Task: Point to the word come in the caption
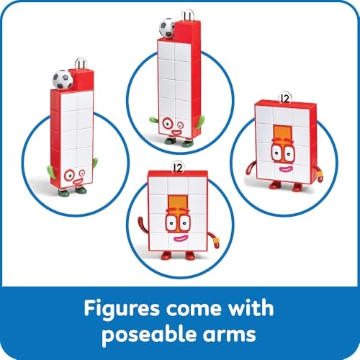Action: point(192,309)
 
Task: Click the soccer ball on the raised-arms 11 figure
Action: point(166,29)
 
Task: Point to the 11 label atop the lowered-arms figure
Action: point(84,66)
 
